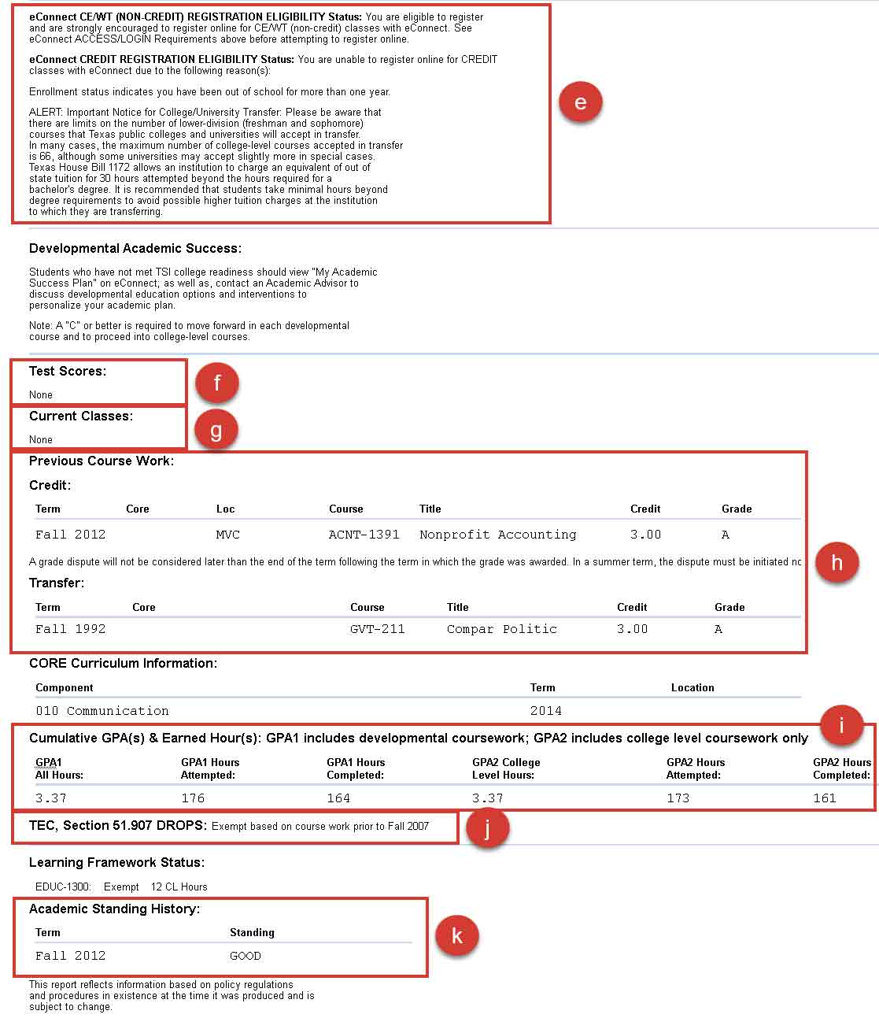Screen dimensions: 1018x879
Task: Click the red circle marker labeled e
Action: pos(580,102)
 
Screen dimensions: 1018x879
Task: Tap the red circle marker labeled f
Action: pos(217,383)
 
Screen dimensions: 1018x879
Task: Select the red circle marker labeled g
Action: pos(216,430)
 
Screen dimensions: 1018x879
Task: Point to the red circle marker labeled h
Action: pos(837,562)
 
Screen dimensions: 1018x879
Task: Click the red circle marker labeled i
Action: pos(841,725)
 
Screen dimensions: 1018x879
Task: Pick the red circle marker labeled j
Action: pos(487,827)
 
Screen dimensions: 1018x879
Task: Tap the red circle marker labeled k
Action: pos(456,935)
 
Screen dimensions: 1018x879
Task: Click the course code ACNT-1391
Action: pos(364,535)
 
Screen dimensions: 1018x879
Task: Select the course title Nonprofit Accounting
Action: pos(497,535)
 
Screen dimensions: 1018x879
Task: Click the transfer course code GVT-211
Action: pos(377,629)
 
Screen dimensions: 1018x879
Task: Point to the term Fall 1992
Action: pos(70,629)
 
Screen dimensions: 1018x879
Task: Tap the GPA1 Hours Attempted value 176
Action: pos(193,798)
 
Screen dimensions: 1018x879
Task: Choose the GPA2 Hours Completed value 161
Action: pos(824,798)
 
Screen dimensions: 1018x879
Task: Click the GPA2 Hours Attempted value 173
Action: pos(678,798)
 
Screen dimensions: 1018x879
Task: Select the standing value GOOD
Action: pos(245,956)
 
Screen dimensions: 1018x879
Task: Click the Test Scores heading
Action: pos(68,371)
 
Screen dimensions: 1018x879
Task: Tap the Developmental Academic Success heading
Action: pos(135,248)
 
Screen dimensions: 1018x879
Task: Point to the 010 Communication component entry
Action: pos(102,711)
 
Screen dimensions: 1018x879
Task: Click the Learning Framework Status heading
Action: pos(116,862)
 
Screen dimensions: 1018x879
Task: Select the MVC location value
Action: pos(227,535)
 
